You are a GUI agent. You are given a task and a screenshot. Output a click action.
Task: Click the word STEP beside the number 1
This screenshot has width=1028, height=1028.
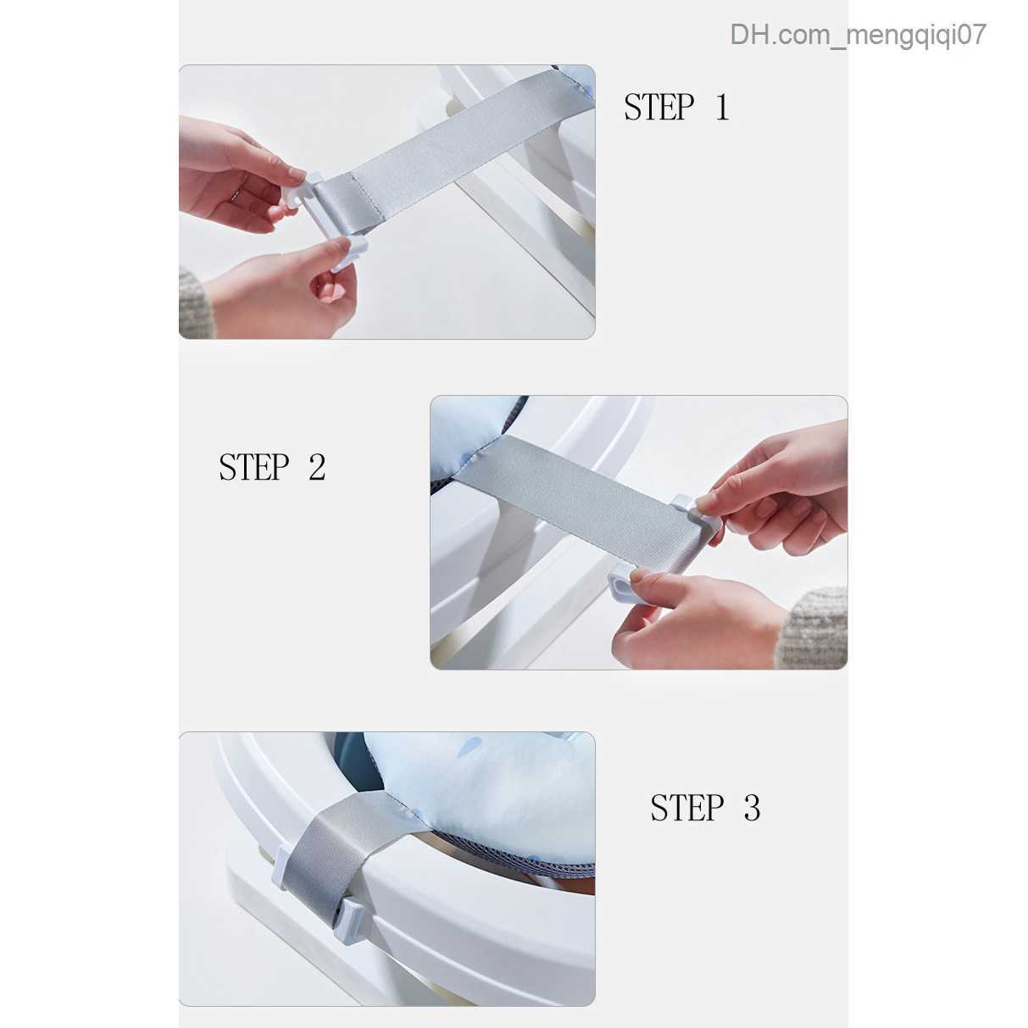(658, 107)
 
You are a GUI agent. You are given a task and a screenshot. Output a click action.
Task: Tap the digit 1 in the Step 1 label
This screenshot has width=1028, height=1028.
(722, 107)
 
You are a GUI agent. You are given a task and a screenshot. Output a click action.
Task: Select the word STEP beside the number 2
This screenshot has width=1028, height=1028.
(254, 467)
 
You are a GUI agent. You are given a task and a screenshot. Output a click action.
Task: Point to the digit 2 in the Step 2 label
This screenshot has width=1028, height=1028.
(317, 467)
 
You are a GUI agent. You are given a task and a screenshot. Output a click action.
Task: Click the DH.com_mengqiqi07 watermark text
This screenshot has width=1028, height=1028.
(858, 36)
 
